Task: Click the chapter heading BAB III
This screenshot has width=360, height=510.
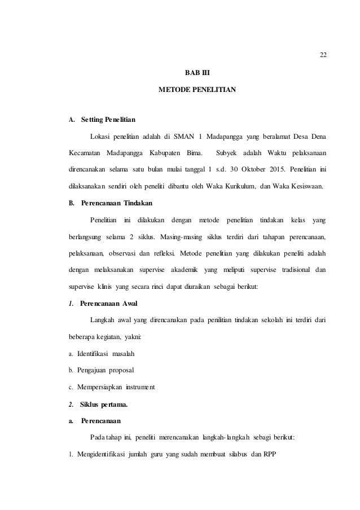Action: [197, 72]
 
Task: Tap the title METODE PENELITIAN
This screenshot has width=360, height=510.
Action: [197, 90]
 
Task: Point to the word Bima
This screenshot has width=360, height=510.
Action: [186, 153]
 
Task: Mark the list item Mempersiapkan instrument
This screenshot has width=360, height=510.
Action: [116, 387]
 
